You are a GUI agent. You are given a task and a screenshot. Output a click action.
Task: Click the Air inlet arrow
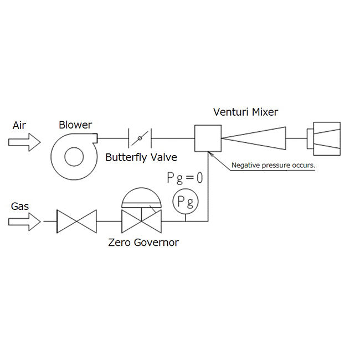tap(24, 142)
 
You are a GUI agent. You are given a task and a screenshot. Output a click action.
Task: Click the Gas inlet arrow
tap(24, 222)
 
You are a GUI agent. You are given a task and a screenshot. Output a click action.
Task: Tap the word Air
tap(19, 125)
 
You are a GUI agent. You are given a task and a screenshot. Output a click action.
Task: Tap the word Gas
tap(20, 206)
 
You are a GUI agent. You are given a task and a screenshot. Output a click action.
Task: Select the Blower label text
tap(75, 125)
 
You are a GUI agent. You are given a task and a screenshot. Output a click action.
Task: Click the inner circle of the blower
tap(74, 147)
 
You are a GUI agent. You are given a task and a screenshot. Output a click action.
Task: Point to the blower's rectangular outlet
tap(95, 138)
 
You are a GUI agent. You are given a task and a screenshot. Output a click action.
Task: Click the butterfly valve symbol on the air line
tap(140, 138)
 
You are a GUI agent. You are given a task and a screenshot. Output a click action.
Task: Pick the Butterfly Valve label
tap(141, 157)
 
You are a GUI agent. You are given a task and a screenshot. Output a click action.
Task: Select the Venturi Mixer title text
tap(246, 112)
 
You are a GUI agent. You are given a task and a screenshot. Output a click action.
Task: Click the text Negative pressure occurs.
tap(273, 165)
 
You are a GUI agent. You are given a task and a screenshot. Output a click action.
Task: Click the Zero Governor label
tap(143, 243)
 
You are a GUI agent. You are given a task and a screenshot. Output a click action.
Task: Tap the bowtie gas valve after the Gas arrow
tap(76, 222)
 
